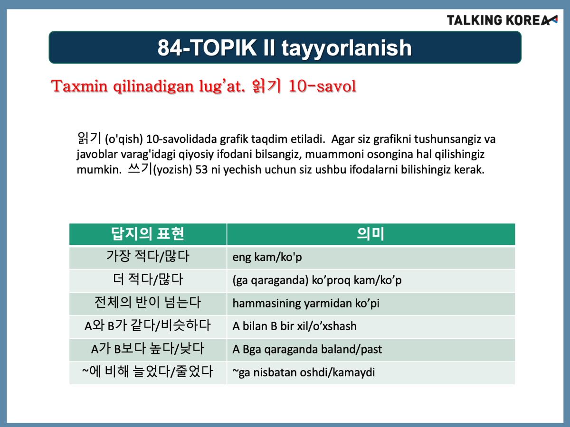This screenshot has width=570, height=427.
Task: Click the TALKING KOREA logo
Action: coord(502,20)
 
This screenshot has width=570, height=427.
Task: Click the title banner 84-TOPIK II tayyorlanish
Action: coord(285,47)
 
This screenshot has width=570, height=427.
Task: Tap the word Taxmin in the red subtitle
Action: coord(79,86)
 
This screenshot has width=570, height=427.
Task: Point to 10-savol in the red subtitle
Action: coord(322,86)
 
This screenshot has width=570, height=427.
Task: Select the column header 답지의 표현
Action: coord(148,234)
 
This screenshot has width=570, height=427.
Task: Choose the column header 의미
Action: coord(371,234)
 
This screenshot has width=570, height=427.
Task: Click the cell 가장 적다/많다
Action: coord(148,258)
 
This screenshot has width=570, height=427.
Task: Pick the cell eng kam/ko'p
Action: coord(371,258)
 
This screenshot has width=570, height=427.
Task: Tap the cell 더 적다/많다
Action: coord(148,280)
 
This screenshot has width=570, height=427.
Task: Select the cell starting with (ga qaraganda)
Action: coord(371,280)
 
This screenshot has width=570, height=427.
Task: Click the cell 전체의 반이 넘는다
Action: coord(148,304)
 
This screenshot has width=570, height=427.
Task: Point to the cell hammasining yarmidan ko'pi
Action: coord(371,304)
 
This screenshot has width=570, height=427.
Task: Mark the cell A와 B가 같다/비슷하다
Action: coord(148,327)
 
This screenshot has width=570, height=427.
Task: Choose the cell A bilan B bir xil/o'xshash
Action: coord(371,327)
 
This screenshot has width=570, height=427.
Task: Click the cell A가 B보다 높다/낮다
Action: coord(148,350)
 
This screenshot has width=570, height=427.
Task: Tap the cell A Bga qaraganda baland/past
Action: coord(371,350)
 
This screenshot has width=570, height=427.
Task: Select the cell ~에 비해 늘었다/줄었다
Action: coord(148,373)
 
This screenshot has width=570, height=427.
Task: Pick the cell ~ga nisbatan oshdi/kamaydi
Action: coord(371,373)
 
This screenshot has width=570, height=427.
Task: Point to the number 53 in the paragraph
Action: coord(201,170)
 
